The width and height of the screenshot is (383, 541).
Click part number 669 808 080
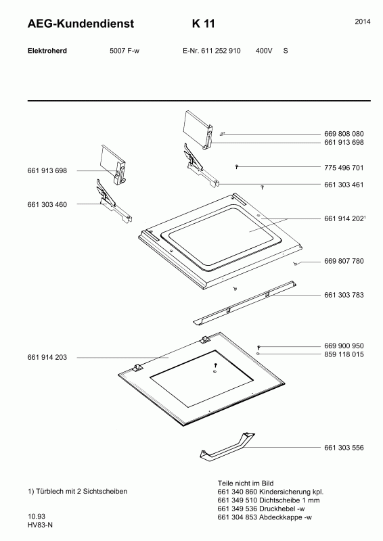pyautogui.click(x=344, y=134)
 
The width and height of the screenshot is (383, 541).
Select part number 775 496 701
pyautogui.click(x=344, y=168)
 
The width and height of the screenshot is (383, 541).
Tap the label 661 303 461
pyautogui.click(x=344, y=185)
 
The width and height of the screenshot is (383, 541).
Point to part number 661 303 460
pyautogui.click(x=47, y=205)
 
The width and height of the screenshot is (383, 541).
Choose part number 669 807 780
pyautogui.click(x=344, y=261)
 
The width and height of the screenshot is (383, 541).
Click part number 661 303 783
pyautogui.click(x=344, y=295)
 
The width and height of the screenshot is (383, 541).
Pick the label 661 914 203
pyautogui.click(x=47, y=358)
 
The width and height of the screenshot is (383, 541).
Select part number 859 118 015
pyautogui.click(x=344, y=354)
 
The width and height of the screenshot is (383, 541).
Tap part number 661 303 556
pyautogui.click(x=344, y=448)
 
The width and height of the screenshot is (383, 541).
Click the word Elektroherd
pyautogui.click(x=47, y=51)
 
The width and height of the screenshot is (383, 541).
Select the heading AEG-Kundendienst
pyautogui.click(x=81, y=24)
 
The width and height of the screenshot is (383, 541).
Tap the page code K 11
pyautogui.click(x=204, y=24)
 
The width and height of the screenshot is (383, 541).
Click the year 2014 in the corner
pyautogui.click(x=363, y=22)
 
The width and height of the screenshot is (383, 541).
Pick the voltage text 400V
pyautogui.click(x=264, y=51)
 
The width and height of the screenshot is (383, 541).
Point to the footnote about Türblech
pyautogui.click(x=77, y=492)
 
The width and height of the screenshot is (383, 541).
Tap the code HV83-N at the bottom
pyautogui.click(x=41, y=525)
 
